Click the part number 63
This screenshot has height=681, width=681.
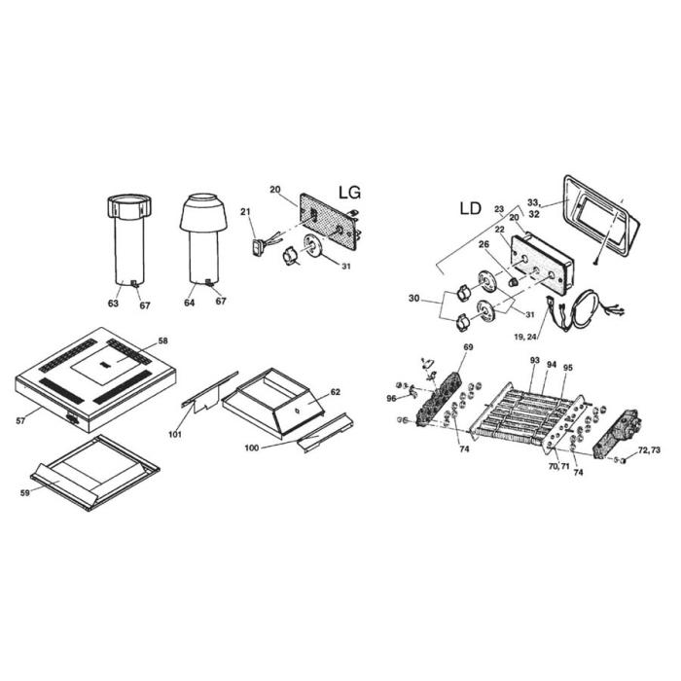pyautogui.click(x=114, y=304)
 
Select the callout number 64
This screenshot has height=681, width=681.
pyautogui.click(x=189, y=304)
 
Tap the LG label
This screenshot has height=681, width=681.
pyautogui.click(x=348, y=193)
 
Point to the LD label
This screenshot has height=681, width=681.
pyautogui.click(x=470, y=209)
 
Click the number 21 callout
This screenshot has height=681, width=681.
pyautogui.click(x=245, y=212)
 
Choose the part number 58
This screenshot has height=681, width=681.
pyautogui.click(x=163, y=341)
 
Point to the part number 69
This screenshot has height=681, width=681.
pyautogui.click(x=468, y=347)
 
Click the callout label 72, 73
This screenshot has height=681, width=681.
pyautogui.click(x=649, y=452)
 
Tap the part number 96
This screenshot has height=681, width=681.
pyautogui.click(x=391, y=398)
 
